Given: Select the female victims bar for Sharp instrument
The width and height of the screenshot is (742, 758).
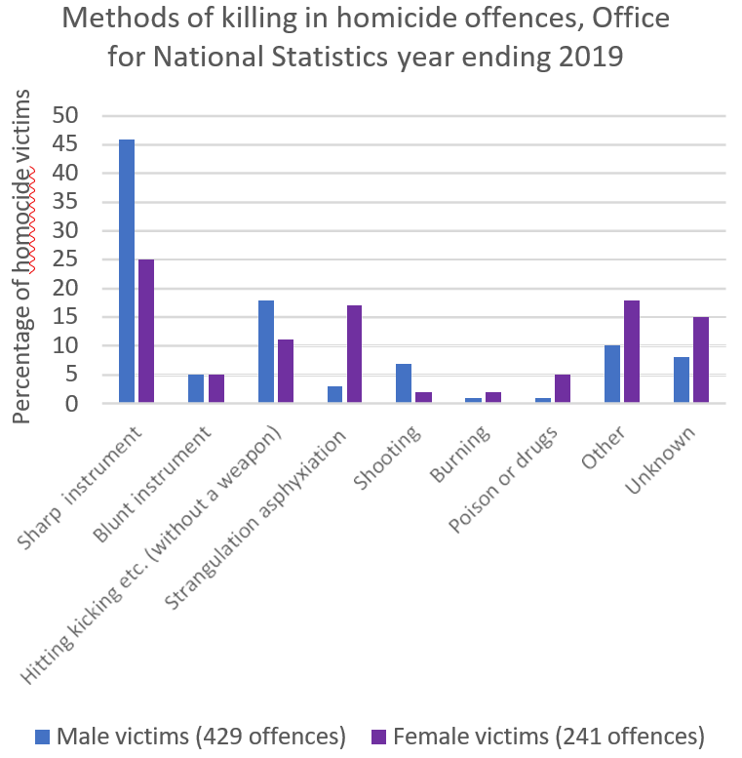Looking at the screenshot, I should click(x=145, y=332).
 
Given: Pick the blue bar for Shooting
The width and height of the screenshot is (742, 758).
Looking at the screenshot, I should click(x=404, y=383).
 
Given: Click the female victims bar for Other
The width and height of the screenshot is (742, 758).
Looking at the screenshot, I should click(x=631, y=352).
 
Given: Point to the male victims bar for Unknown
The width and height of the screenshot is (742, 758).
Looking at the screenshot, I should click(x=683, y=380).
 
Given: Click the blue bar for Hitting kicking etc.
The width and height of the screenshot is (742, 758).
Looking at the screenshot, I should click(x=265, y=352).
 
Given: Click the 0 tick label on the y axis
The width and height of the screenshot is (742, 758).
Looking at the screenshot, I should click(x=84, y=403).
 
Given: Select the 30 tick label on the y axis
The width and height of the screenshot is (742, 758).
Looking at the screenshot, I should click(x=77, y=230).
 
